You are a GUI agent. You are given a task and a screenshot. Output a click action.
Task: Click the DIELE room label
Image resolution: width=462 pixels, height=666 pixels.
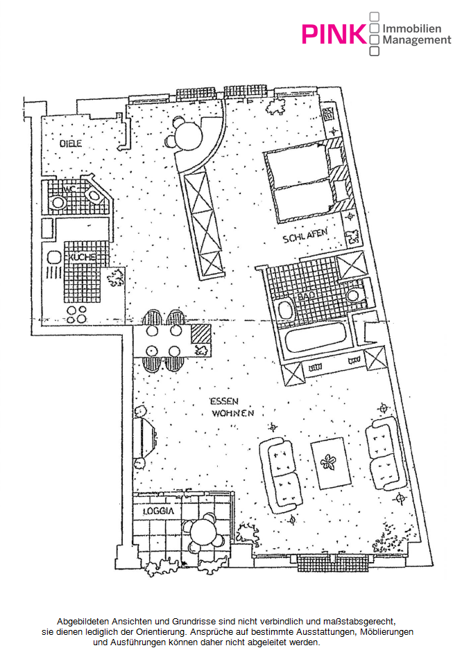[x=71, y=143]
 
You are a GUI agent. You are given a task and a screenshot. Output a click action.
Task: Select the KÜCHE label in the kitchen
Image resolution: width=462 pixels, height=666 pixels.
[x=82, y=257]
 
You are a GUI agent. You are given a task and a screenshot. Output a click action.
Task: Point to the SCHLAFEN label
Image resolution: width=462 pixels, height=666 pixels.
[x=305, y=236]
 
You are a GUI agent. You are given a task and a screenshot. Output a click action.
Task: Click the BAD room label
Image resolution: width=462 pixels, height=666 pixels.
[x=307, y=297]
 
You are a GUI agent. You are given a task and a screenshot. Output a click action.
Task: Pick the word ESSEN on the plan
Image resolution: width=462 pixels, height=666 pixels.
[x=224, y=401]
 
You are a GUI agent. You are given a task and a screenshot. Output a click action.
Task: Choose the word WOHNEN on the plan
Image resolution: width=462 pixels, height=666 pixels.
[x=233, y=413]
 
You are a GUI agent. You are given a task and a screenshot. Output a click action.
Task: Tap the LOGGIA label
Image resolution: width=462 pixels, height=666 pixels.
[x=158, y=511]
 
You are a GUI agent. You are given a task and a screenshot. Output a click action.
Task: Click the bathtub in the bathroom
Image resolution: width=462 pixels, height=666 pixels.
[x=316, y=338]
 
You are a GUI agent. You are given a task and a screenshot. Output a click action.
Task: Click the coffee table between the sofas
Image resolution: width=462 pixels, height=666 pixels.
[x=331, y=464]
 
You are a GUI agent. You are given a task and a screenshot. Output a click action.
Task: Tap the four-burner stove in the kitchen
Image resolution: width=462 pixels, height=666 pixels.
[x=76, y=315]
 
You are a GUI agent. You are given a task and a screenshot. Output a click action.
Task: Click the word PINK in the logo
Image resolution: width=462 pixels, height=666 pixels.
[x=334, y=34]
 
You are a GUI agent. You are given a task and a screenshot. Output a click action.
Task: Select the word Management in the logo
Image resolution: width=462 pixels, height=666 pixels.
[x=416, y=40]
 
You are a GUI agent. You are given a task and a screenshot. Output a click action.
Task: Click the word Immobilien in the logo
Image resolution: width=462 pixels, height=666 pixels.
[x=412, y=28]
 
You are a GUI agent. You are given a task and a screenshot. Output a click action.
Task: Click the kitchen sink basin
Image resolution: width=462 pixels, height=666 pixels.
[x=54, y=258]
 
